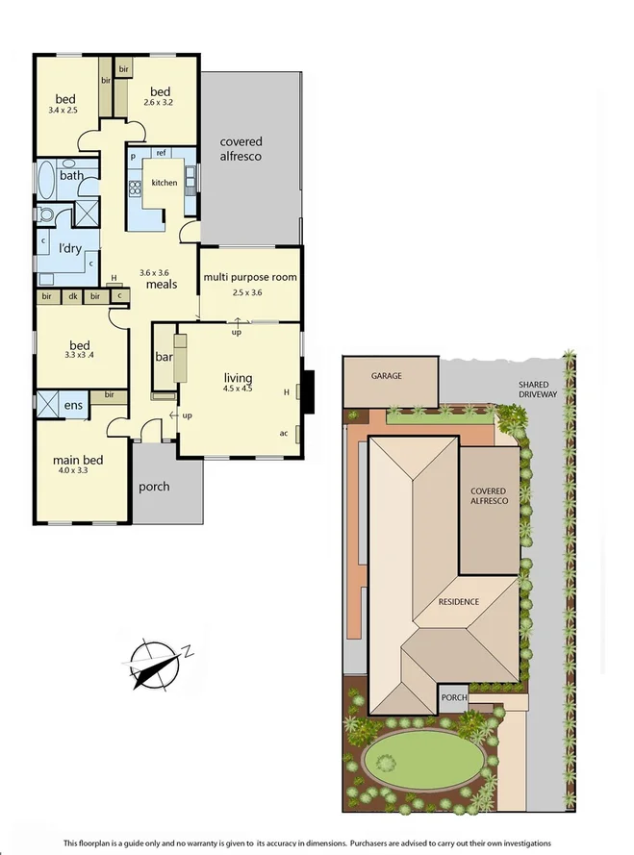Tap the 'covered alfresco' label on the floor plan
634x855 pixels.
[x=241, y=149]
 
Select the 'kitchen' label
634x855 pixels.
[x=164, y=183]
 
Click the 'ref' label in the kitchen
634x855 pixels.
[x=162, y=154]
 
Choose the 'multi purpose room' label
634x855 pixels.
[x=250, y=277]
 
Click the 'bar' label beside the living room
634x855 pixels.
[x=164, y=358]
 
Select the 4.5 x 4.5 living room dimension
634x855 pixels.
[x=237, y=389]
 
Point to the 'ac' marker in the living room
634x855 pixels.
[x=284, y=433]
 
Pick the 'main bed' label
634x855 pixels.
[x=77, y=460]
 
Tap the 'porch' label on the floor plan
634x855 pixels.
[x=154, y=487]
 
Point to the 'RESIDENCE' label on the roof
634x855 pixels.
[x=458, y=602]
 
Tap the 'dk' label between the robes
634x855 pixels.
[x=72, y=297]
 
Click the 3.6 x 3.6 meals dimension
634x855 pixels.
[x=154, y=273]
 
